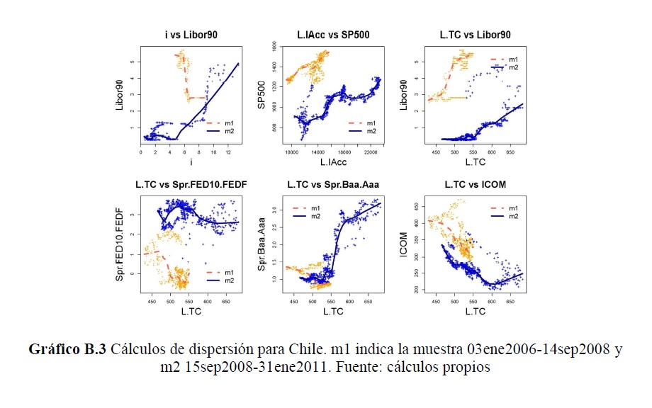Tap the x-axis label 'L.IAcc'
point(333,163)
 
